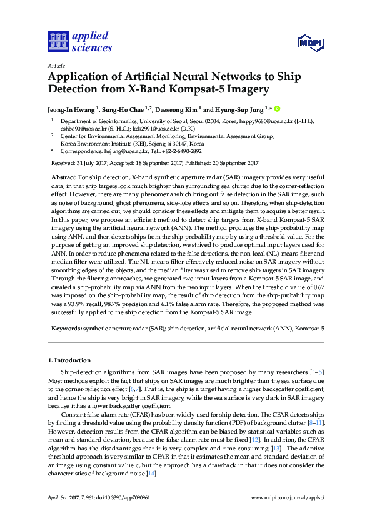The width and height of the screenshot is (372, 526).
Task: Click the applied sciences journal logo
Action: [80, 41]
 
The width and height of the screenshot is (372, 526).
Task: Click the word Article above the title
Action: [56, 65]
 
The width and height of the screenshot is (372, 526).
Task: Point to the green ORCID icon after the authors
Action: [277, 107]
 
